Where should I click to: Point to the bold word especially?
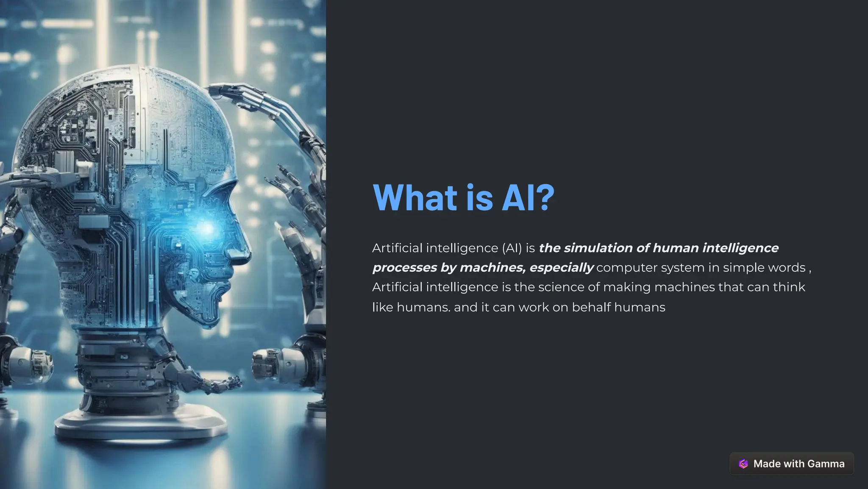(x=562, y=268)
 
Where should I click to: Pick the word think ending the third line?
(x=789, y=287)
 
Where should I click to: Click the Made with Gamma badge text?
(x=799, y=464)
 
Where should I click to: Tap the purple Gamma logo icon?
(x=743, y=464)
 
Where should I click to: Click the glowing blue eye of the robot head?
(x=207, y=229)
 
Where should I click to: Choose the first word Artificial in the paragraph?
(x=397, y=248)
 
